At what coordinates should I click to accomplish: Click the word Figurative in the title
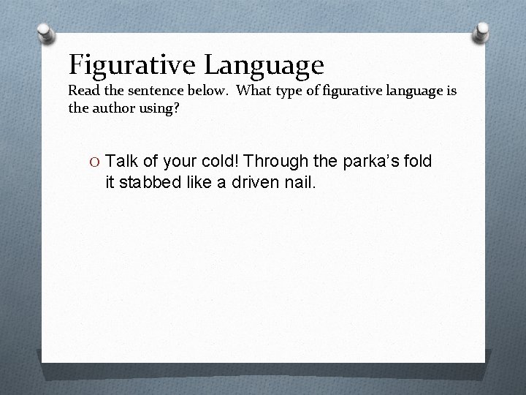point(131,65)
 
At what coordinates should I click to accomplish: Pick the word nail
point(300,181)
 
